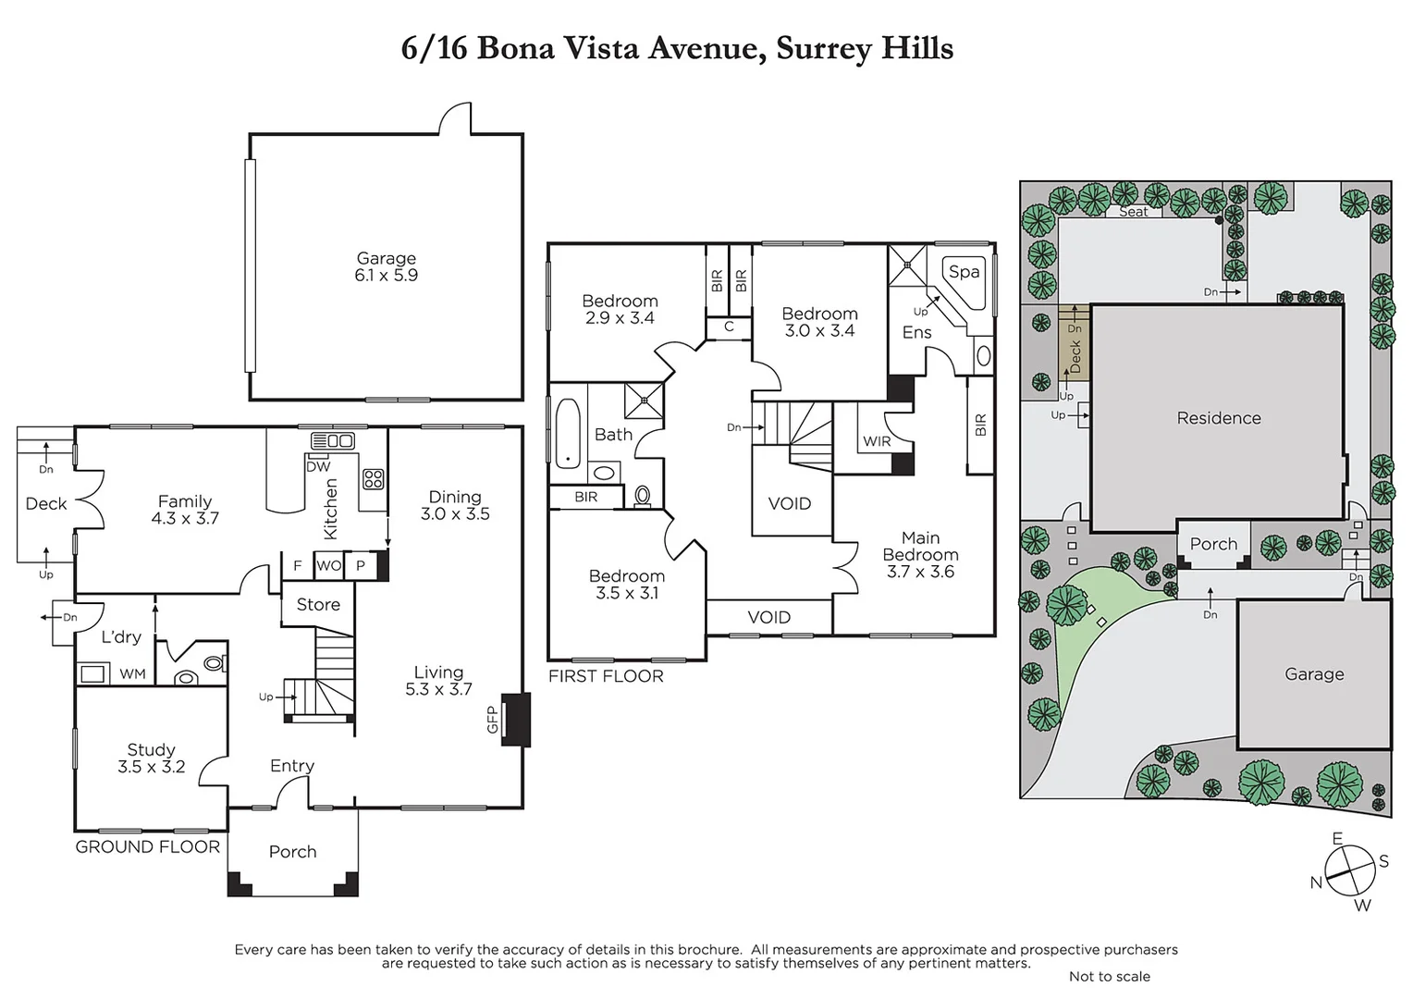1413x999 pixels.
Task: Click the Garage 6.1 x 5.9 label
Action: coord(386,266)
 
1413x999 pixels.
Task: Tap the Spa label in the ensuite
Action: coord(964,272)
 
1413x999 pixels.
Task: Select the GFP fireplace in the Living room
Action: coord(514,719)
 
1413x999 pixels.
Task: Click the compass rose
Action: coord(1350,872)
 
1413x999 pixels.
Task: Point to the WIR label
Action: coord(877,442)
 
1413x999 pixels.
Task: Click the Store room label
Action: coord(318,605)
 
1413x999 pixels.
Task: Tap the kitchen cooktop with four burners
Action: coord(374,479)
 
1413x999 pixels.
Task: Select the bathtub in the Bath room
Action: coord(568,433)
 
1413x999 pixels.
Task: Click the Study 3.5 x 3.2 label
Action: coord(151,758)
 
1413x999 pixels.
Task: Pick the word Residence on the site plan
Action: coord(1218,418)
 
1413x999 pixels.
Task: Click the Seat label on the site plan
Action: coord(1133,212)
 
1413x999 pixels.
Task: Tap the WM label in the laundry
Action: coord(132,674)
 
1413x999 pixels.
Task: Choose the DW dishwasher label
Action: coord(318,466)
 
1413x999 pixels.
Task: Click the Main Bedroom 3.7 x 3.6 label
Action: coord(920,555)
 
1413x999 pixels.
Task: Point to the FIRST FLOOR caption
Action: coord(606,676)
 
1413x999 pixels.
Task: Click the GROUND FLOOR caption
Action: coord(148,846)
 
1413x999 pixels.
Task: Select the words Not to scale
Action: coord(1109,977)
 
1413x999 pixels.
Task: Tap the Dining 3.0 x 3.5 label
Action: coord(455,505)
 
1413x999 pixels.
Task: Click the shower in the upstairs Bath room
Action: coord(644,401)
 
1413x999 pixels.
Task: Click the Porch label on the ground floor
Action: coord(292,852)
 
